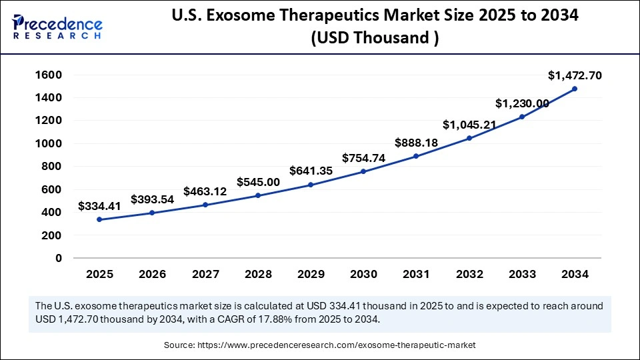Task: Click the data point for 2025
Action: [99, 219]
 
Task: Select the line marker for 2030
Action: [363, 171]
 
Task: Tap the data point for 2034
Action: [575, 89]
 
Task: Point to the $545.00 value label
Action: [259, 182]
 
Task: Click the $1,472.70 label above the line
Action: [575, 75]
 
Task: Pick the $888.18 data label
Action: [416, 142]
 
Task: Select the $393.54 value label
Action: [152, 199]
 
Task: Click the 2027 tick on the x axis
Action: [205, 274]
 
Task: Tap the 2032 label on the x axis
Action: [469, 274]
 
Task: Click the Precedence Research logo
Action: [57, 27]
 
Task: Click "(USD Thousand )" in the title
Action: [374, 38]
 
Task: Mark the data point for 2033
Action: [522, 117]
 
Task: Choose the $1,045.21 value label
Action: [469, 125]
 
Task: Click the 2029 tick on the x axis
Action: [311, 274]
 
